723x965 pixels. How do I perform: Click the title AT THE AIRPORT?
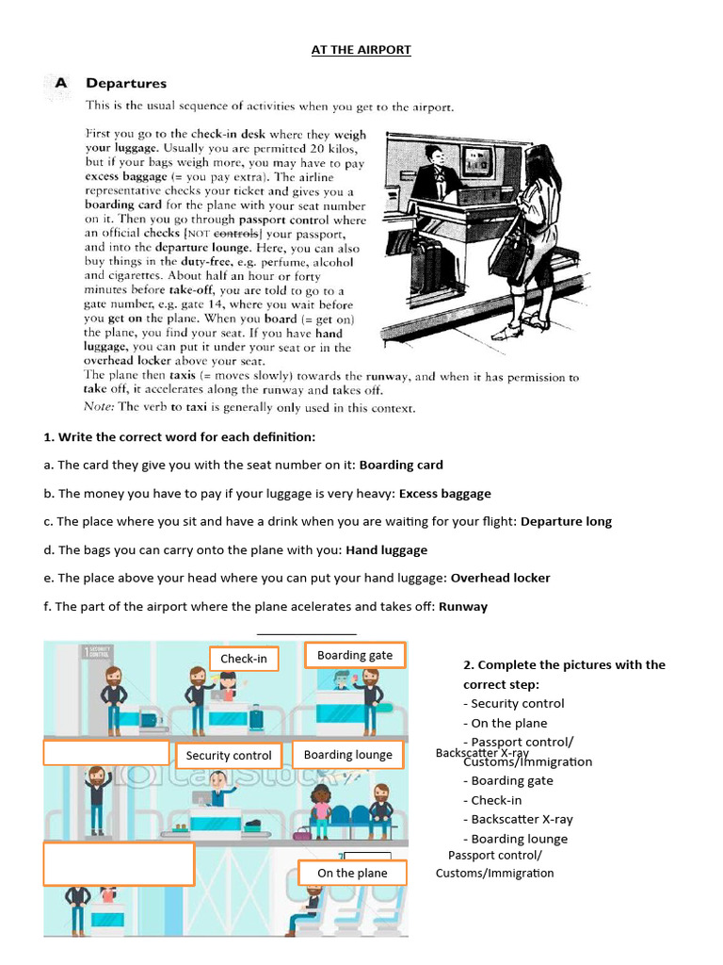point(361,49)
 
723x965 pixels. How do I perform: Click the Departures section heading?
point(126,83)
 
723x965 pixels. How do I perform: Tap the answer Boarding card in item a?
point(401,465)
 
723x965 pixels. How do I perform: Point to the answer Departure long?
point(566,521)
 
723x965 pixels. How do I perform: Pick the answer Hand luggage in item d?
point(386,549)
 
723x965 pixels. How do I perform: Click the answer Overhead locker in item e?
point(500,578)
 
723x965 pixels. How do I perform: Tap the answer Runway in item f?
point(462,607)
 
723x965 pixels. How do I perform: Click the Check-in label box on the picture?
point(244,659)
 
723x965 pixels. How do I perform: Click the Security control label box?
point(229,755)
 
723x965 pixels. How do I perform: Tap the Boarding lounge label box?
point(348,755)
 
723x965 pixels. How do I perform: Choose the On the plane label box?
point(352,873)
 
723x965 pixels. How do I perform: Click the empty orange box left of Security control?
point(104,753)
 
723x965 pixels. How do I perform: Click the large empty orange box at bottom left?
point(119,864)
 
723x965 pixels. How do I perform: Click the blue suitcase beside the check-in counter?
point(257,717)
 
